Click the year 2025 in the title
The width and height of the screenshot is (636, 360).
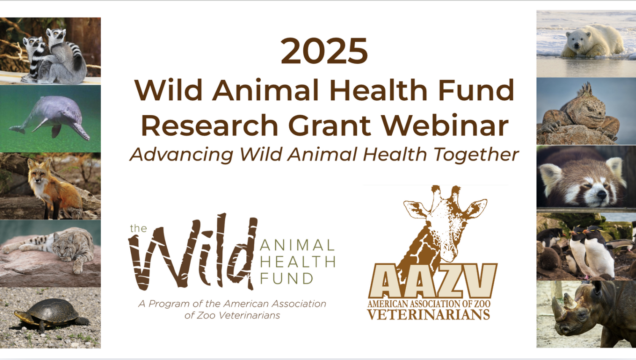click(324, 51)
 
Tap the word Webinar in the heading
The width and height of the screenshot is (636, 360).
click(445, 125)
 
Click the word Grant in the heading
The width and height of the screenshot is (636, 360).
click(330, 125)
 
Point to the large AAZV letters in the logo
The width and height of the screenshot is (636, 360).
click(432, 281)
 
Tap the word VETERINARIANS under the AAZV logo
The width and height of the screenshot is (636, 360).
click(429, 314)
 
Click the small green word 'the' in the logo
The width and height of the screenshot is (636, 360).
click(138, 228)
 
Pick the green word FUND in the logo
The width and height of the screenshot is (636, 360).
click(286, 278)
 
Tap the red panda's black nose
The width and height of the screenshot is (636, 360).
click(601, 194)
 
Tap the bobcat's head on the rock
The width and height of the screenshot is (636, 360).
click(64, 245)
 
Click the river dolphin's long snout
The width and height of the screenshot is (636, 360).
click(81, 131)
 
